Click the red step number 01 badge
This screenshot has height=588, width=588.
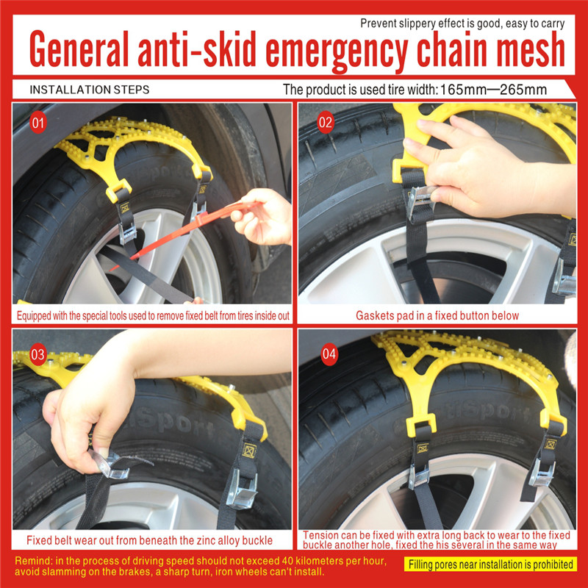pos(38,123)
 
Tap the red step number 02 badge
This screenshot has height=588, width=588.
pos(325,123)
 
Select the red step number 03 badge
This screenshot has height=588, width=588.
pos(38,354)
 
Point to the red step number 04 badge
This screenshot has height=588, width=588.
pos(329,354)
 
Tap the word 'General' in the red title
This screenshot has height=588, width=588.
pos(79,49)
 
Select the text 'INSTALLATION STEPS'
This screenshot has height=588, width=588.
pos(89,90)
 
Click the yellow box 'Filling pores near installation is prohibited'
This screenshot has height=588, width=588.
pos(490,564)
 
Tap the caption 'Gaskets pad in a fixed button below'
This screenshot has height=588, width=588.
pos(437,316)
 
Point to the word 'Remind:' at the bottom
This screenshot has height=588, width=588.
pos(34,561)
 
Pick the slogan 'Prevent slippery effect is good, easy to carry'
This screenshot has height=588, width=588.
pos(462,24)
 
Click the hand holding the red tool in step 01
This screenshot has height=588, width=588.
pos(262,217)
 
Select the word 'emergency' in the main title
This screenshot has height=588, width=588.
pos(337,51)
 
